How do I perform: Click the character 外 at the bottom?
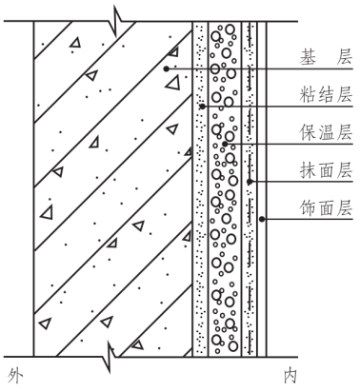[13, 374]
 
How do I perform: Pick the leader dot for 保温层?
[227, 143]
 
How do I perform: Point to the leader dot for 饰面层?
[263, 221]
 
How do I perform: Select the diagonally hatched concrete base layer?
[105, 190]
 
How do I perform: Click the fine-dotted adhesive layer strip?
[200, 238]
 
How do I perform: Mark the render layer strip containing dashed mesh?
[250, 266]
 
